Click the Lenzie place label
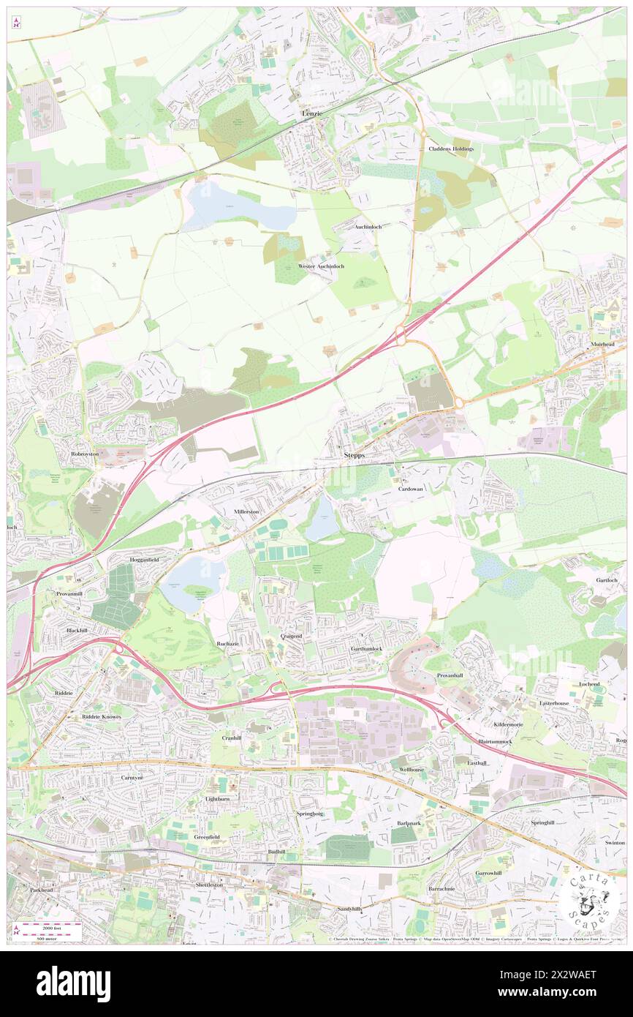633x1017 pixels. [x=312, y=114]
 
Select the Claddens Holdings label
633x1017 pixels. [x=451, y=149]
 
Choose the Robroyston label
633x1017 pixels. [x=84, y=454]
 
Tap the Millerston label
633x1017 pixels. [x=246, y=511]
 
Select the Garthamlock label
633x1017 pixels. [x=366, y=649]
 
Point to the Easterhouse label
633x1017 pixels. [x=554, y=702]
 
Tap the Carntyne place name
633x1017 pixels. [x=132, y=777]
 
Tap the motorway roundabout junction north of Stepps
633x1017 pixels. [x=401, y=337]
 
